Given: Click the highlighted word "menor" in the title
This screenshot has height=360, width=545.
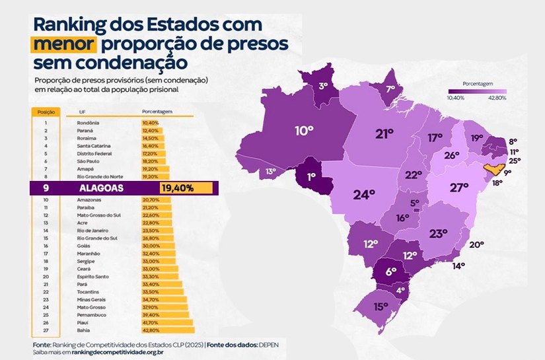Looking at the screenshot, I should point(63,46).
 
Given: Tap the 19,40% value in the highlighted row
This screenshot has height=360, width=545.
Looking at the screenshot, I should point(176,188).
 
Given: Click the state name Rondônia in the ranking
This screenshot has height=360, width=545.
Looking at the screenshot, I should point(89,123).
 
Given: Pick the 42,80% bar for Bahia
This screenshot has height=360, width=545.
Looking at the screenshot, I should point(168,330).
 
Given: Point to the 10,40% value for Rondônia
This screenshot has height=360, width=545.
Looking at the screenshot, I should point(150,123).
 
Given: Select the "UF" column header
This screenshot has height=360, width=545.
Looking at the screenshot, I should point(82,112).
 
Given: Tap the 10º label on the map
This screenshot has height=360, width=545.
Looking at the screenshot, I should point(303,131).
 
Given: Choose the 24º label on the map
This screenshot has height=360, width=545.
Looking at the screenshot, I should point(363,196).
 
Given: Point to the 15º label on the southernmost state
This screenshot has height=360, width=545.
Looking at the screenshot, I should point(380,306).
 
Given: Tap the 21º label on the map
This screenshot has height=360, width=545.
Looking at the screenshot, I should point(384,134).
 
